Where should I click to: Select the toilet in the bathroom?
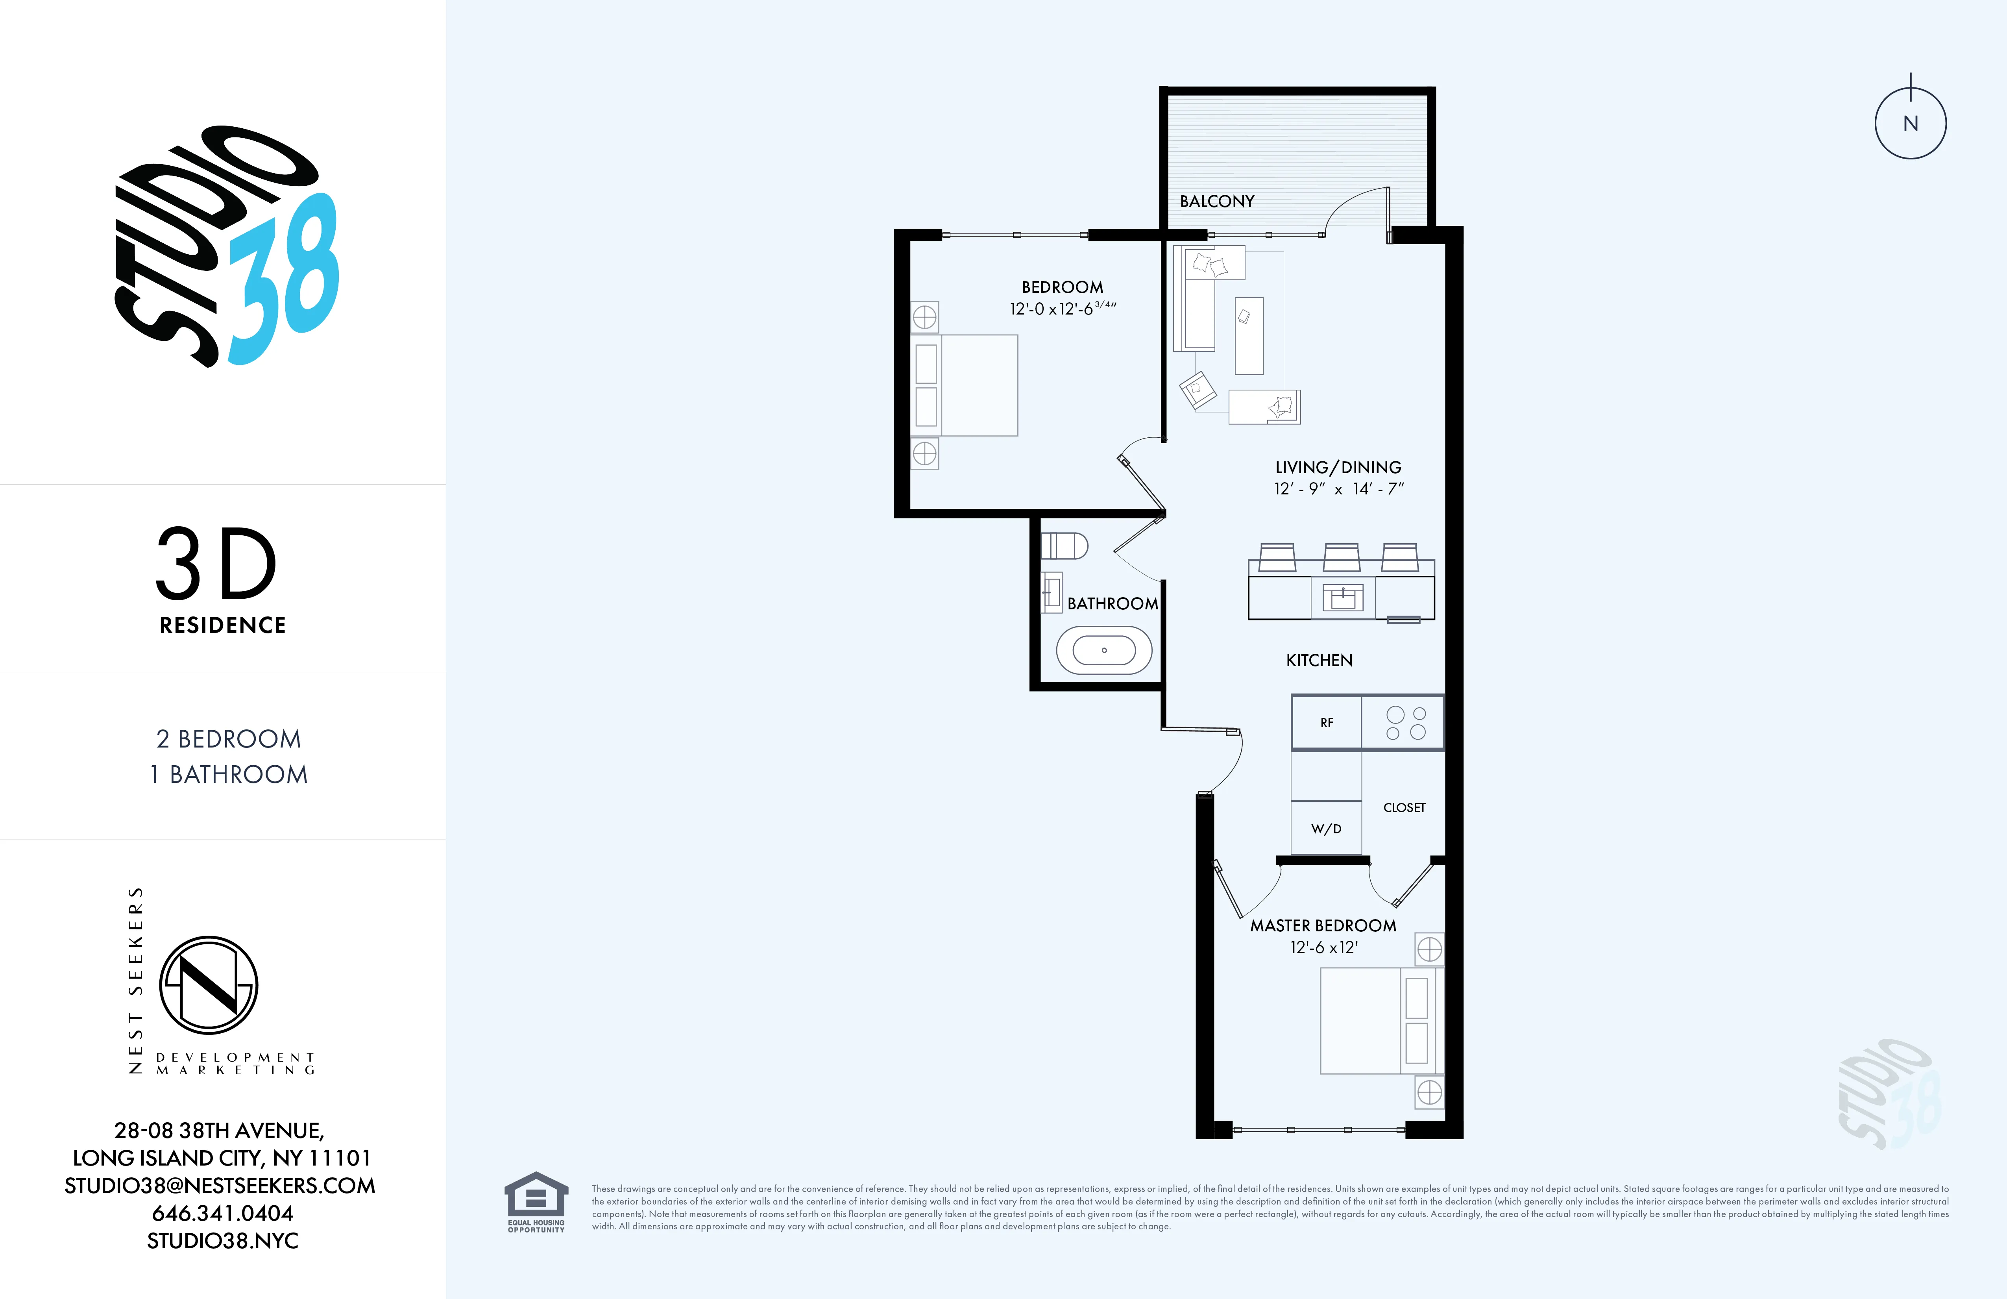[1064, 546]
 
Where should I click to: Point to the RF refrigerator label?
[1327, 723]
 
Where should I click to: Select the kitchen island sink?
[1342, 598]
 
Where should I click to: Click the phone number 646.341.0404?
[223, 1213]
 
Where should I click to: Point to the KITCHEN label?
[1319, 661]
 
